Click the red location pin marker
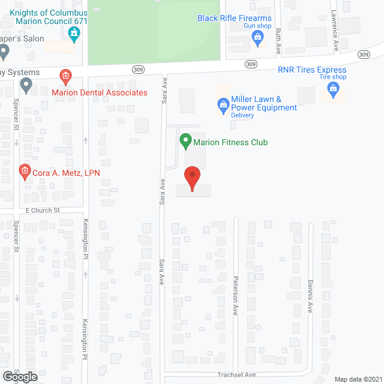tap(192, 178)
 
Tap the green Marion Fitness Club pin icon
tap(185, 142)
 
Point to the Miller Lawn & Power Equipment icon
tap(223, 106)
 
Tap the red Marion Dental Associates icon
tap(65, 76)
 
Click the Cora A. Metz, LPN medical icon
tap(25, 173)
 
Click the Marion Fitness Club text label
tap(230, 142)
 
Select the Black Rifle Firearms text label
tap(235, 18)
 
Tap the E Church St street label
tap(43, 211)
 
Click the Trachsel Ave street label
tap(236, 375)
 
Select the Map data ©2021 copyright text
tap(357, 379)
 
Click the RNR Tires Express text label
tap(312, 70)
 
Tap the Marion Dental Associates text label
tap(99, 92)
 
